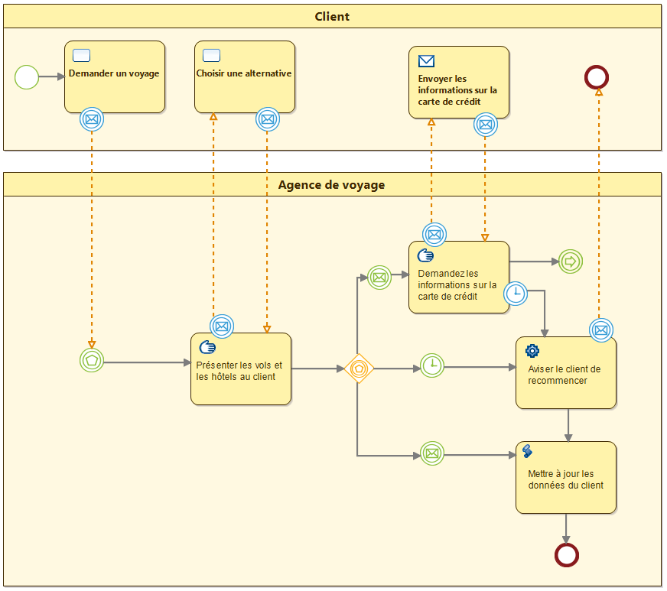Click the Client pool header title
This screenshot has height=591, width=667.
coord(332,16)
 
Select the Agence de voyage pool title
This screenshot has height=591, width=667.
coord(331,185)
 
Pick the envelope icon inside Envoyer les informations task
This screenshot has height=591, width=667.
coord(426,61)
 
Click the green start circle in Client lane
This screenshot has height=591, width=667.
coord(27,76)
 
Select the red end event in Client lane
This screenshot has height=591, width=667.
coord(597,76)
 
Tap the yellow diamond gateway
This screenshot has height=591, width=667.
coord(358,369)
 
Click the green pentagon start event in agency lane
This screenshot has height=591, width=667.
coord(92,359)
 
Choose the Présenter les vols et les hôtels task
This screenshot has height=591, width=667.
coord(240,369)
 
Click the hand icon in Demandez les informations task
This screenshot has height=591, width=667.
coord(426,256)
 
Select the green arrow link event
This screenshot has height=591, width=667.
coord(570,261)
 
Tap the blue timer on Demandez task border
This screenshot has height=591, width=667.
coord(517,292)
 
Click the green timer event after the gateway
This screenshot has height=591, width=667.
coord(432,365)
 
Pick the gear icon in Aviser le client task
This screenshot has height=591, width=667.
coord(532,350)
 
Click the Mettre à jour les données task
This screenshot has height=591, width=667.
coord(565,478)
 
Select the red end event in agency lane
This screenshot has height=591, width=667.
coord(566,554)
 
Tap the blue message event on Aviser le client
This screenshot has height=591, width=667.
coord(601,330)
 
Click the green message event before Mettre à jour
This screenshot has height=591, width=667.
coord(432,453)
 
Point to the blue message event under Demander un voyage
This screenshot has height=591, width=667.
coord(92,119)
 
